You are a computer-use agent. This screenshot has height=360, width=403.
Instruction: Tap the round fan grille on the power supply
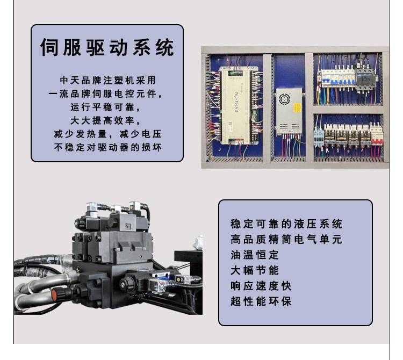(x=285, y=99)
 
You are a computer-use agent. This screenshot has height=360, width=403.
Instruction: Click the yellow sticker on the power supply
(x=297, y=107)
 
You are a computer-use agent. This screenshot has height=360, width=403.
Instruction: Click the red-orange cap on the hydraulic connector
(x=54, y=294)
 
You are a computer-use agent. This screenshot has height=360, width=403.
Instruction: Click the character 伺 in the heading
(x=49, y=47)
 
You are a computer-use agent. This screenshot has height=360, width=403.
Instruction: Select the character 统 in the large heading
(x=165, y=47)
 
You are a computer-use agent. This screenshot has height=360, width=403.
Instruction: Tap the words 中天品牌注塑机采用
(x=107, y=80)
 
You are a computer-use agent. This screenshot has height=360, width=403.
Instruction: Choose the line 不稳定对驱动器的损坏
(x=107, y=147)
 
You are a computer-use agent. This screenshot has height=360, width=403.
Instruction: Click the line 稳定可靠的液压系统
(x=286, y=224)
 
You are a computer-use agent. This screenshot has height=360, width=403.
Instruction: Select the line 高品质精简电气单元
(x=286, y=239)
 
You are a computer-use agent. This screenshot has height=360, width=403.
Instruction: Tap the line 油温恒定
(x=255, y=255)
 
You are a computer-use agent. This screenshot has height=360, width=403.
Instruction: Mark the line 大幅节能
(x=255, y=270)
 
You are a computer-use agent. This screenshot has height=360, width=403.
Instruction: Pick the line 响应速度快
(x=261, y=286)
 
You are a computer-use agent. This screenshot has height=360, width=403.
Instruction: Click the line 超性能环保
(x=261, y=301)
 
